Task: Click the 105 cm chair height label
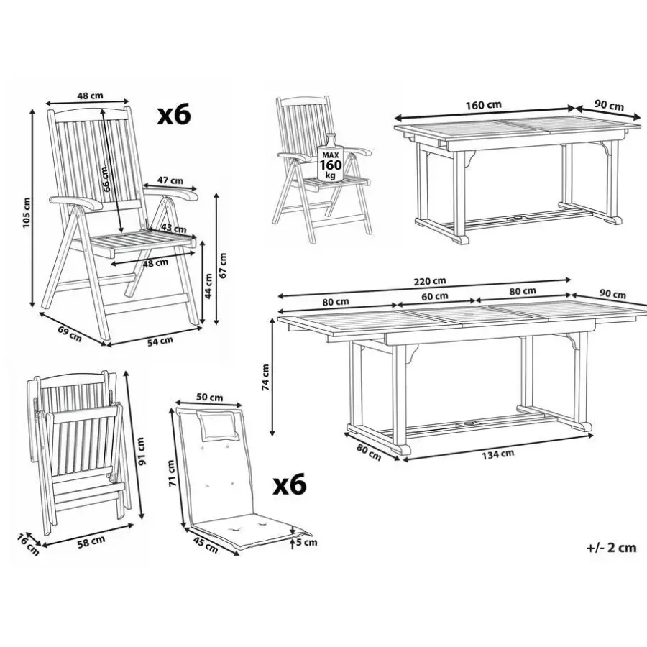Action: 27,213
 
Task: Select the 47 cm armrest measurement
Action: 170,180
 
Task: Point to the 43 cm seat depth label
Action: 174,228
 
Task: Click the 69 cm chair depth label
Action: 70,334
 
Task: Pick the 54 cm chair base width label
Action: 160,341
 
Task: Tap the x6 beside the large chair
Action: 174,115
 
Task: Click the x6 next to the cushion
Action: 290,485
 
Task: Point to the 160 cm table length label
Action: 484,105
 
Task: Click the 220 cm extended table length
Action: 430,281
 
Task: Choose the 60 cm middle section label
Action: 435,296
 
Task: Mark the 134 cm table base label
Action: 498,454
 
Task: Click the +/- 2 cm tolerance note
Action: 612,548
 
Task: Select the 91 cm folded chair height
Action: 141,451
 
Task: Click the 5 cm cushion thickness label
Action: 306,542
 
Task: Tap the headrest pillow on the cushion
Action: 219,425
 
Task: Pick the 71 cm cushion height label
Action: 172,473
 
